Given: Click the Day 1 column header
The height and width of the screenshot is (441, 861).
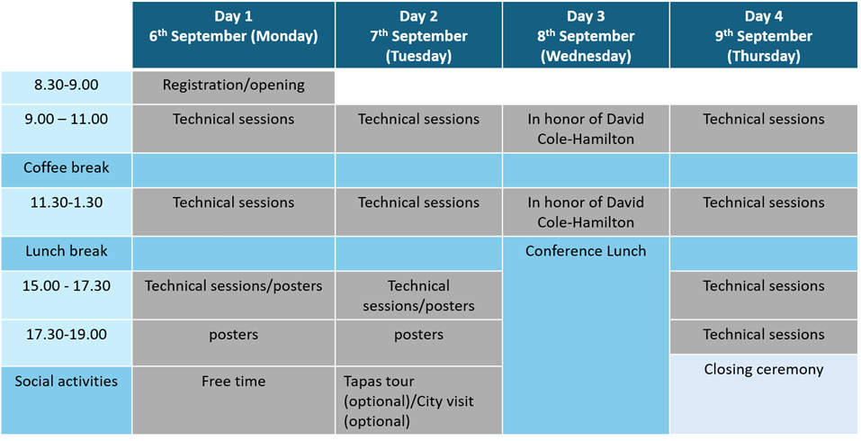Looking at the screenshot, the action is (x=233, y=34).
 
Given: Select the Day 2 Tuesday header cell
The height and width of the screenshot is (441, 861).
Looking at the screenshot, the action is (x=419, y=34).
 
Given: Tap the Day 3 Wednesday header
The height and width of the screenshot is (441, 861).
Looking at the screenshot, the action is (x=586, y=34).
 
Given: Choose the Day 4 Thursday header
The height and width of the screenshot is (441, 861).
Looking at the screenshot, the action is (x=764, y=34).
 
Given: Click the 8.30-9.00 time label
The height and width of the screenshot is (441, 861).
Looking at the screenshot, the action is (x=66, y=85).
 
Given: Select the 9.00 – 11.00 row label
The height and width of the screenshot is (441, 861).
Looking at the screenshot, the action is (x=66, y=119).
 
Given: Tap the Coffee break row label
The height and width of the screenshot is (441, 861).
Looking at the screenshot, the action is (x=66, y=167).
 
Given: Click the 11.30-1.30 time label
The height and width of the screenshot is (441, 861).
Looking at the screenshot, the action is (x=66, y=202).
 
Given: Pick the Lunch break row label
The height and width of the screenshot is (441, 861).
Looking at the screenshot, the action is (x=66, y=251).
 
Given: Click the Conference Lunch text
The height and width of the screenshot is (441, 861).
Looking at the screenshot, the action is (x=586, y=251).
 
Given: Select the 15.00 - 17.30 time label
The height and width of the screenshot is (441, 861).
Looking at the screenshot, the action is (x=66, y=286).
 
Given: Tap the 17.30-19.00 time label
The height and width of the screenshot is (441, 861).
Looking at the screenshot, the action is (x=66, y=335).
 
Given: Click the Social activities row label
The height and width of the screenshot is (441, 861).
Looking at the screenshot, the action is (x=66, y=381).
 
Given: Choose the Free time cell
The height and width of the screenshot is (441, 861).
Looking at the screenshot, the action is (x=233, y=400).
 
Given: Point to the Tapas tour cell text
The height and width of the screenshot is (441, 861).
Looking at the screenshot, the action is (x=408, y=400).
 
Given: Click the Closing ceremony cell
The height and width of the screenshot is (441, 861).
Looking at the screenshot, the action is (x=764, y=394).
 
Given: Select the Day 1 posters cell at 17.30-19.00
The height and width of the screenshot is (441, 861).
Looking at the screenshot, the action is (x=233, y=342).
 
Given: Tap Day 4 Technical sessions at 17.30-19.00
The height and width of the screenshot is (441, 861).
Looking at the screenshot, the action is (x=764, y=337).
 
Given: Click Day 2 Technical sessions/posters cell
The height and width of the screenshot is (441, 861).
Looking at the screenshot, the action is (x=419, y=295).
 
